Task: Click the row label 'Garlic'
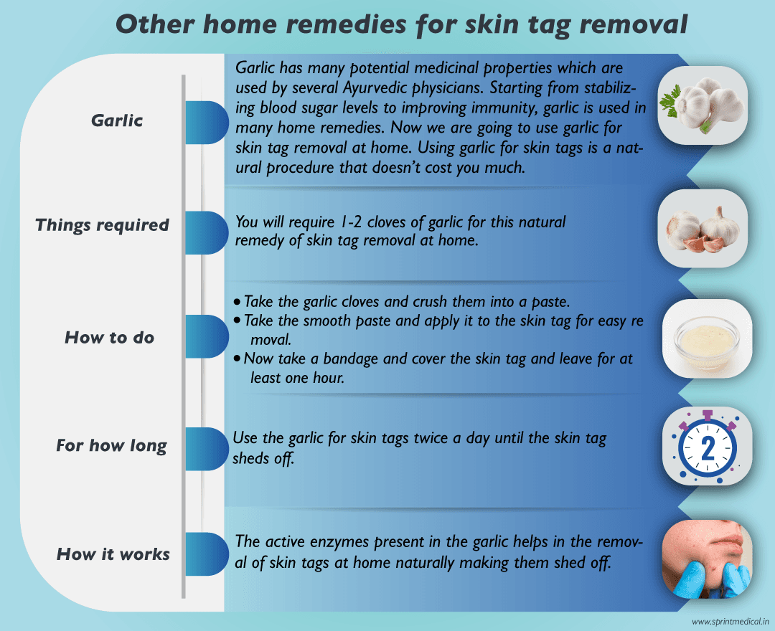tap(117, 120)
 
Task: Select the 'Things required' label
tap(102, 225)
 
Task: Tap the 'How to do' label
tap(110, 337)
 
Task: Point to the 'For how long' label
tap(111, 446)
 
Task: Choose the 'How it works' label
tap(113, 554)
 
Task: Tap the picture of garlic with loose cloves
tap(703, 229)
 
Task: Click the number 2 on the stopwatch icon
tap(707, 448)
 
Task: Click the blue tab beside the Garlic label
tap(206, 122)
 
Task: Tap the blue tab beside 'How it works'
tap(206, 554)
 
